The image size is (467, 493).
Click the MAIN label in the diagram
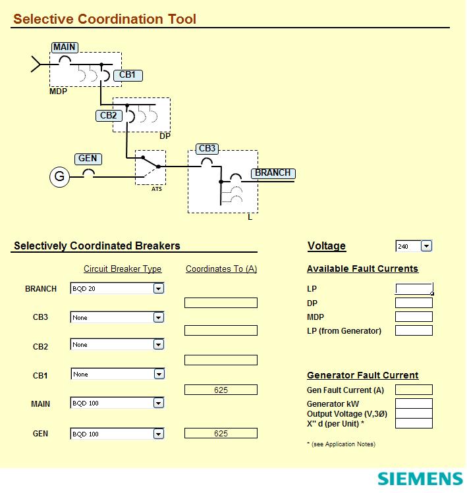click(x=65, y=47)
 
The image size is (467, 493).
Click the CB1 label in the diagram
click(x=127, y=75)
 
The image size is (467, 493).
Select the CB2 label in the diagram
click(x=108, y=116)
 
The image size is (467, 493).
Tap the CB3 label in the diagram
click(x=207, y=149)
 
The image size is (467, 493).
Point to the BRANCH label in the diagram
click(x=273, y=173)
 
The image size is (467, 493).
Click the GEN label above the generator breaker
click(x=88, y=159)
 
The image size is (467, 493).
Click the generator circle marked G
click(x=59, y=176)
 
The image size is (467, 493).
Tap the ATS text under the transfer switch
click(x=157, y=189)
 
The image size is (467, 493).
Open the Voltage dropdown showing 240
click(x=426, y=246)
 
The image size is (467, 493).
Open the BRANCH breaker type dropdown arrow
click(x=158, y=288)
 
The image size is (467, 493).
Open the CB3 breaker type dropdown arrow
click(x=158, y=318)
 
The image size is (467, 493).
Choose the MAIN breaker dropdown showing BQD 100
click(x=117, y=403)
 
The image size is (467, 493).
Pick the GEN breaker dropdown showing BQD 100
click(x=117, y=434)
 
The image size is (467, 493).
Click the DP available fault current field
click(x=414, y=303)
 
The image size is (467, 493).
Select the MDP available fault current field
click(x=414, y=317)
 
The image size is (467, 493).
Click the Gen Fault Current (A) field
click(x=414, y=390)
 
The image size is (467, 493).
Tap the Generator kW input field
click(x=414, y=403)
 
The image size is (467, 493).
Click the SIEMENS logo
click(x=420, y=479)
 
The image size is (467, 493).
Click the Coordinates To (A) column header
click(x=221, y=269)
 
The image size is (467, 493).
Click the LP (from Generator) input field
click(x=414, y=330)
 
